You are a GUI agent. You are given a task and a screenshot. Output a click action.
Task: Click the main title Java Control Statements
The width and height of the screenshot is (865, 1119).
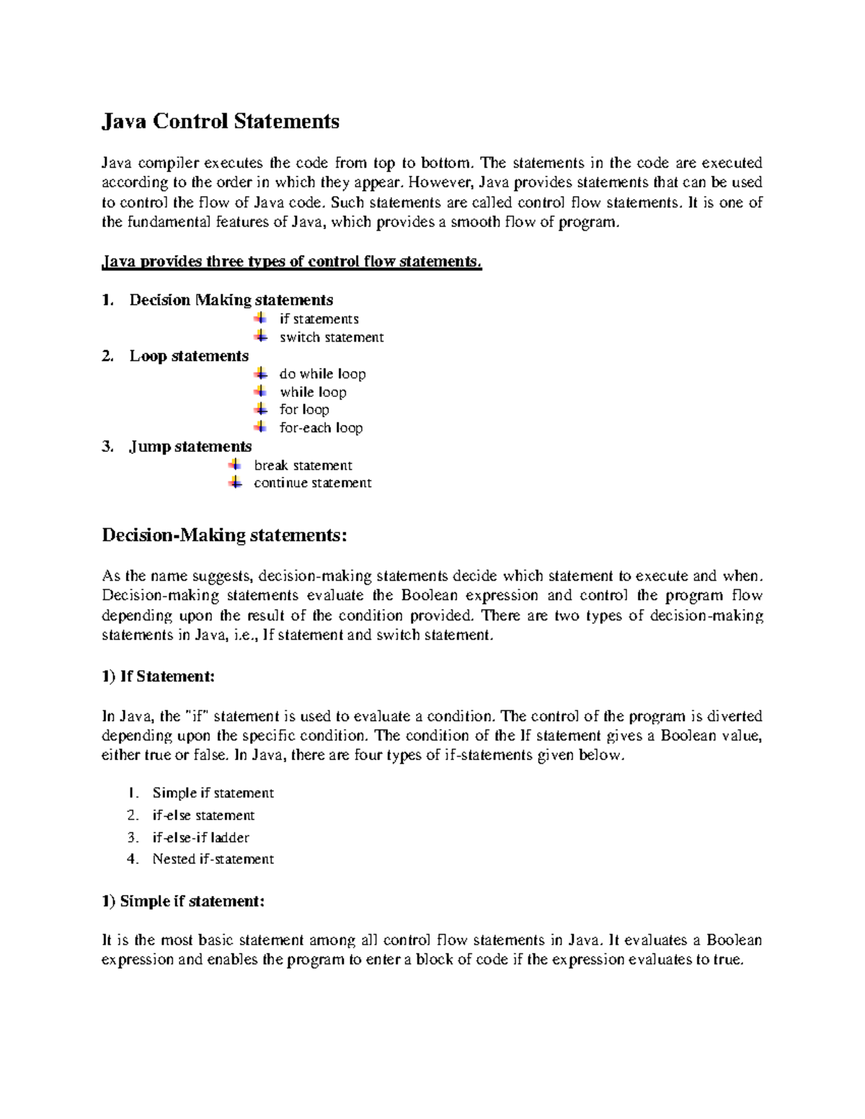(x=220, y=121)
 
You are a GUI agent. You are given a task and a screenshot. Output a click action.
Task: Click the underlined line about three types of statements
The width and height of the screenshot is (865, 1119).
(x=291, y=262)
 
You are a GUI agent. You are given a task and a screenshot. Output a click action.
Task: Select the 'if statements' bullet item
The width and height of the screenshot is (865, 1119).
(x=319, y=319)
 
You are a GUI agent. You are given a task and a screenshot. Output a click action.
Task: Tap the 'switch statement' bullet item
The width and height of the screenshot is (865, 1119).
(x=332, y=337)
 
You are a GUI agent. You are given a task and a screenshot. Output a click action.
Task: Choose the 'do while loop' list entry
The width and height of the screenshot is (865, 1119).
(x=322, y=374)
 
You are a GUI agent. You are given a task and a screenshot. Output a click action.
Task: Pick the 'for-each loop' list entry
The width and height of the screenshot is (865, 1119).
(x=321, y=428)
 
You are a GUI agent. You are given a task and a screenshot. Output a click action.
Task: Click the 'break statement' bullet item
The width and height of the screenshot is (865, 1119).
(x=303, y=465)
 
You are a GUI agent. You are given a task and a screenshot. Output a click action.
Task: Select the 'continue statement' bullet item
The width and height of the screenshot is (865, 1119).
(x=312, y=483)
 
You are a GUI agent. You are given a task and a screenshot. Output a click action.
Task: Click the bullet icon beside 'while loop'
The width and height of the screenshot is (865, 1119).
(x=260, y=391)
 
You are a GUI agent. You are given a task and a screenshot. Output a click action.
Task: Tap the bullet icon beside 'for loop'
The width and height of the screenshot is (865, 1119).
(x=260, y=409)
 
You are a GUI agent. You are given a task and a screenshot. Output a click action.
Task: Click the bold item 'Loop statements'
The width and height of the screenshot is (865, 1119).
(x=189, y=356)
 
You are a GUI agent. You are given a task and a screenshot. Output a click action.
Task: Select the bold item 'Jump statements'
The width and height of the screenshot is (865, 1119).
(x=190, y=447)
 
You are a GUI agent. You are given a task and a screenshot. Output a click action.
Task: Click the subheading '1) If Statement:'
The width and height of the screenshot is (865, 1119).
(x=158, y=677)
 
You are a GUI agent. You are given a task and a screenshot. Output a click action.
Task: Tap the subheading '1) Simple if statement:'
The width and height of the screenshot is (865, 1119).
(x=183, y=901)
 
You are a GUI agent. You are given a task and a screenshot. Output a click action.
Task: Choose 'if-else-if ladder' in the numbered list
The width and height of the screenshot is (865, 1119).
(x=200, y=837)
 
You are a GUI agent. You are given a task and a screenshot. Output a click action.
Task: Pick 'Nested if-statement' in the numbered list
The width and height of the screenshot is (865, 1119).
(x=213, y=859)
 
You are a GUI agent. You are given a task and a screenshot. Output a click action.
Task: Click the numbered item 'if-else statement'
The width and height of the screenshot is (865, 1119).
(x=203, y=815)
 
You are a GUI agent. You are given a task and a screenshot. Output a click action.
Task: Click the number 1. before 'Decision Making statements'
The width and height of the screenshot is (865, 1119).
(x=107, y=300)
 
